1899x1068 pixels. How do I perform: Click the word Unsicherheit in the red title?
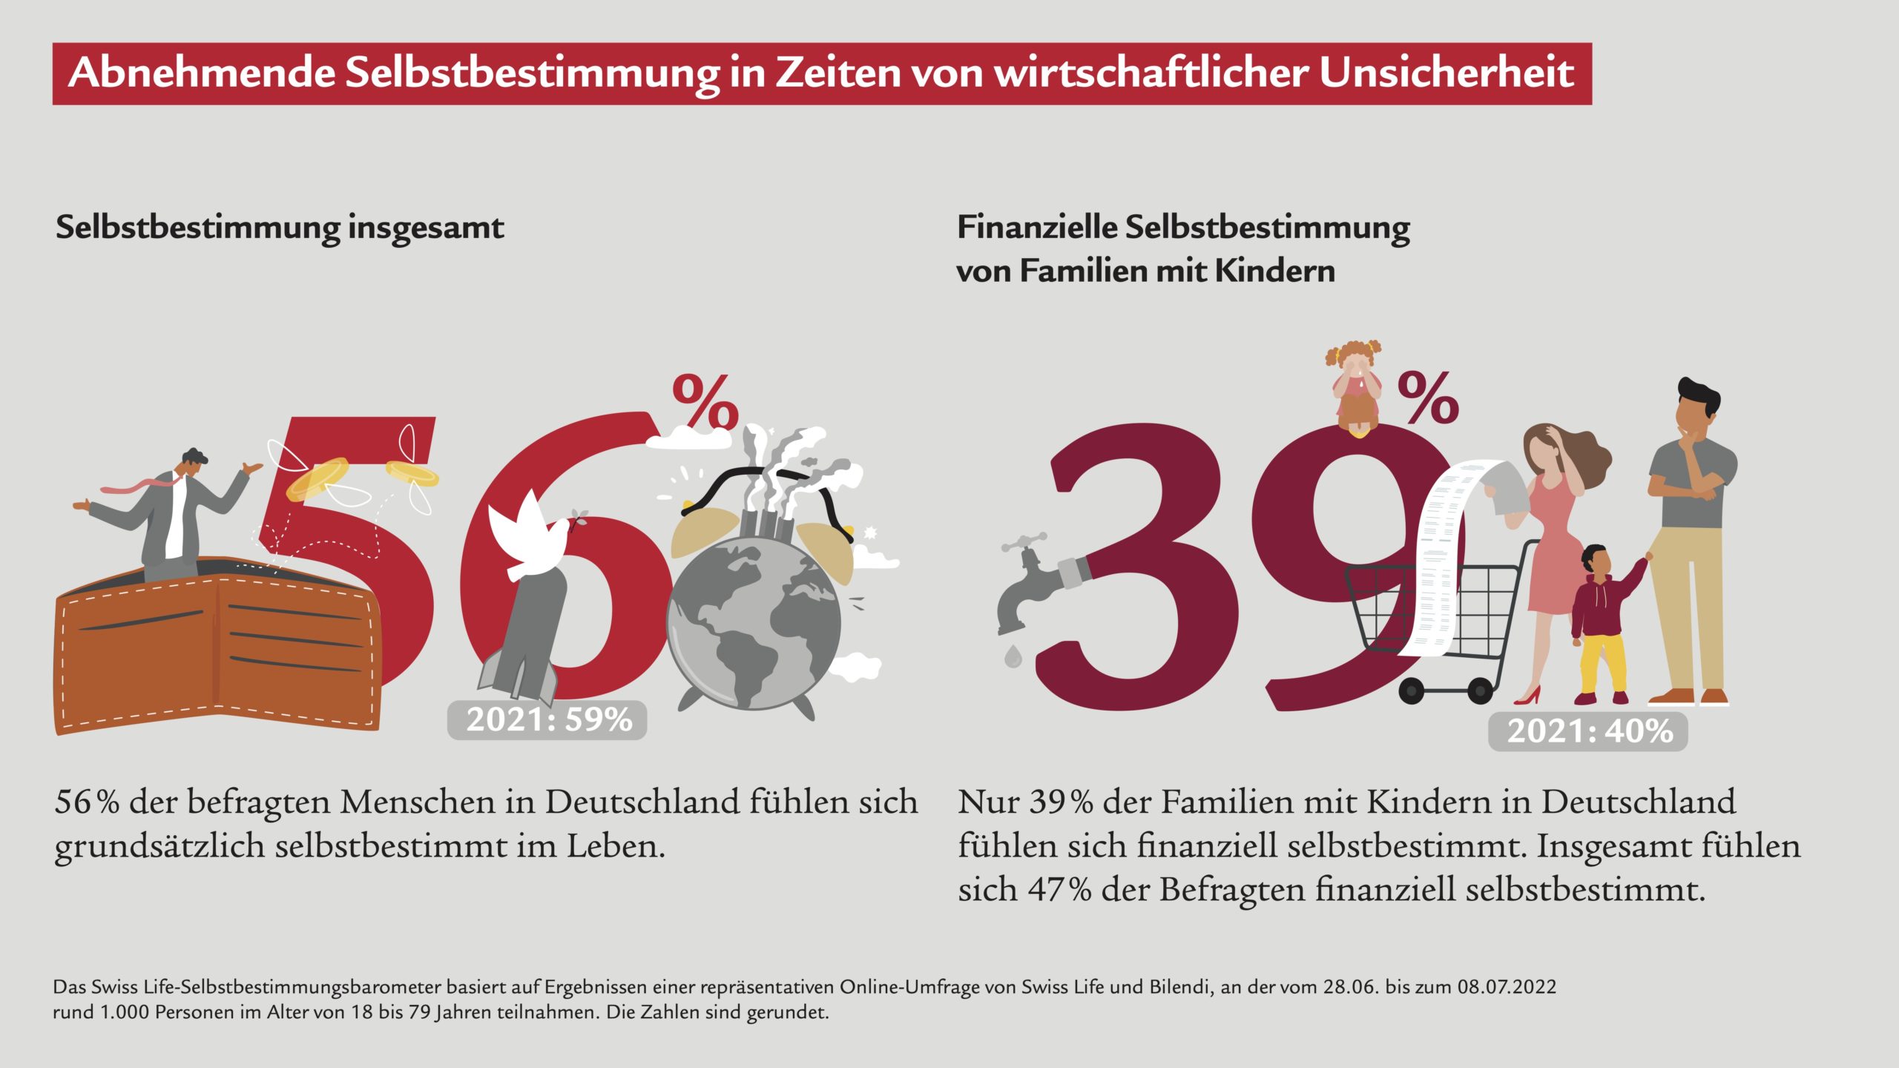1447,73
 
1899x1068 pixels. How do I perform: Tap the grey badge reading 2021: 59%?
547,720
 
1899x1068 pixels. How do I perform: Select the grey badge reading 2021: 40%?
1588,731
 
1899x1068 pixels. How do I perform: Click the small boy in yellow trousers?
1602,623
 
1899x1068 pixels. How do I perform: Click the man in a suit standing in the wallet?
174,512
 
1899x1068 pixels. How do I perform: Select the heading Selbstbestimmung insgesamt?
280,227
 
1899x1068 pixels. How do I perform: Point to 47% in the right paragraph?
1059,889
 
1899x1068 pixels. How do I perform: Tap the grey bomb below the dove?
530,630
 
